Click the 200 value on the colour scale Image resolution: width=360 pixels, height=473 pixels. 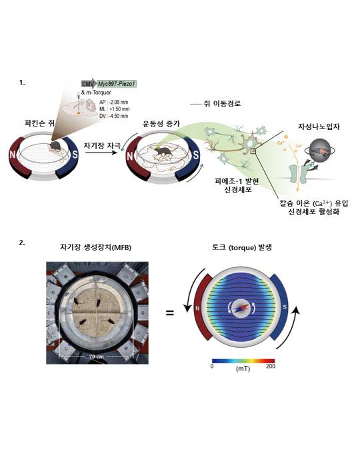click(270, 366)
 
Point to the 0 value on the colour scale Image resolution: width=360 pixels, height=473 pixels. click(212, 366)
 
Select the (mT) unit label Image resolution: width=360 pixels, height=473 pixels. click(241, 368)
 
